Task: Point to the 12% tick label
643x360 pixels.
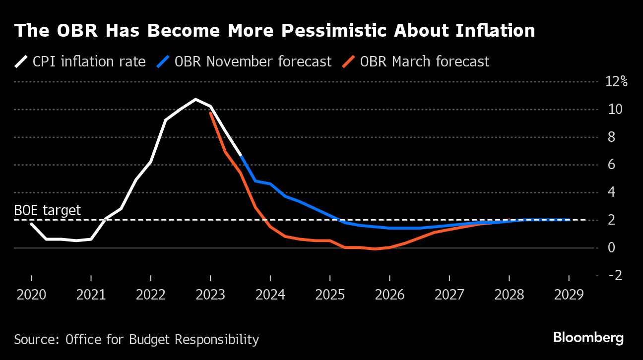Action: coord(616,82)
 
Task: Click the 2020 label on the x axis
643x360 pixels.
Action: coord(31,295)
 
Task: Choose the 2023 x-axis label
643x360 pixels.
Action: coord(210,295)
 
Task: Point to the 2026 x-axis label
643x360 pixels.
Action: coord(389,295)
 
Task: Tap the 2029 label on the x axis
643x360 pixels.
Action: coord(569,295)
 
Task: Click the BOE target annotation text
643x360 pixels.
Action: coord(48,211)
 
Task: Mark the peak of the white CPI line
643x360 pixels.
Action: coord(195,99)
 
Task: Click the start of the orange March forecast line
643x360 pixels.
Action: coord(210,113)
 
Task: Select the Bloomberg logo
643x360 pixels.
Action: coord(588,338)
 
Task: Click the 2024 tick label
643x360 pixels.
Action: coord(270,295)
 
